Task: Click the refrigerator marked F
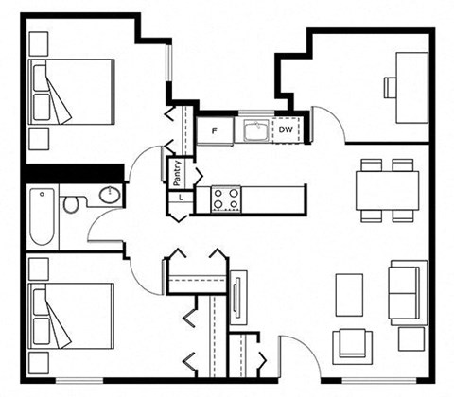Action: (x=215, y=130)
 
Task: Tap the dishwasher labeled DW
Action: (x=286, y=129)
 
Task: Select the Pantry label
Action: (x=177, y=173)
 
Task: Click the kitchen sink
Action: (x=256, y=130)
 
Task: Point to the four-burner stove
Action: (x=226, y=198)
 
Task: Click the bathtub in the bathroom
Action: (x=43, y=217)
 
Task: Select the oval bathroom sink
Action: (x=110, y=195)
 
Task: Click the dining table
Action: (x=388, y=190)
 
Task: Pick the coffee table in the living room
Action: (x=349, y=295)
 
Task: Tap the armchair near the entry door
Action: (x=353, y=347)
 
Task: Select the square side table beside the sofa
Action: (x=411, y=339)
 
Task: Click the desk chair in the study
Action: (x=391, y=87)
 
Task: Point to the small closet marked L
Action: (x=181, y=198)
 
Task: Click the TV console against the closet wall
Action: (x=238, y=298)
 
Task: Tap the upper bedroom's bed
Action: (x=71, y=92)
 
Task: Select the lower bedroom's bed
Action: (x=71, y=316)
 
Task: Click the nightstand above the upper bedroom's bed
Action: (x=39, y=44)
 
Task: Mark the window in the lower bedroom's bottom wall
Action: (x=79, y=381)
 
